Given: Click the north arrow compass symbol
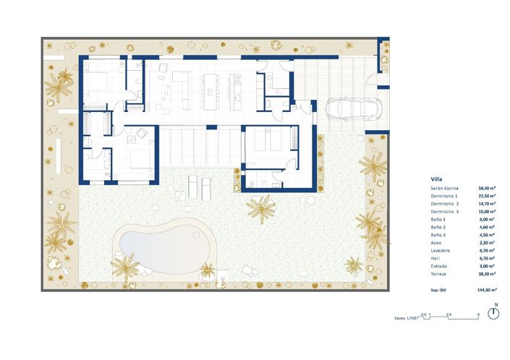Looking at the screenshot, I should pyautogui.click(x=495, y=312).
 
